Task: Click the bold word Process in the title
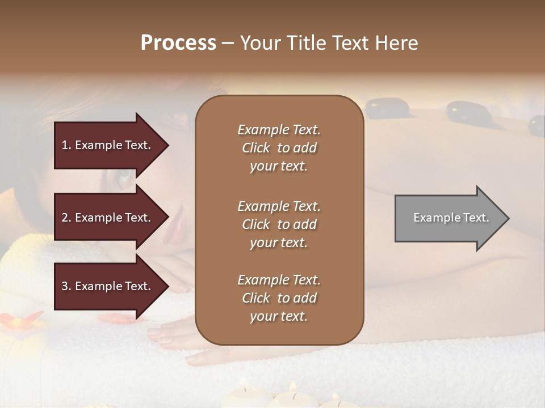[x=178, y=43]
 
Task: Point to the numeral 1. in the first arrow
[x=66, y=145]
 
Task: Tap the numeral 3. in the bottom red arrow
[x=66, y=286]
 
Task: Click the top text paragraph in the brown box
[x=279, y=148]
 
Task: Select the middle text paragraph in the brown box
[x=279, y=224]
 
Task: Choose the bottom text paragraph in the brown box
[x=279, y=298]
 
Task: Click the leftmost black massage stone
[x=385, y=108]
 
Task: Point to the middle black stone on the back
[x=468, y=112]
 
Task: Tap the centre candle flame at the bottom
[x=293, y=387]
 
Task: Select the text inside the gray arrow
[x=451, y=218]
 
